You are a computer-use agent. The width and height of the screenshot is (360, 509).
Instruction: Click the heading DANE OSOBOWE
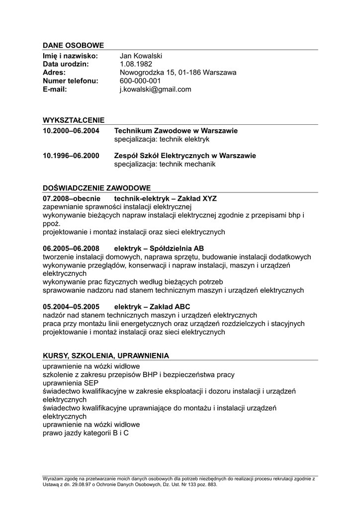tap(73, 46)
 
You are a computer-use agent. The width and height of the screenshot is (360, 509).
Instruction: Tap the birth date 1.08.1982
tap(136, 64)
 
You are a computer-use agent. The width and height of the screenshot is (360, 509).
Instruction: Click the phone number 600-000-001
tap(140, 81)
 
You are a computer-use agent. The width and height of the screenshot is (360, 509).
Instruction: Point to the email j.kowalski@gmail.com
tap(155, 89)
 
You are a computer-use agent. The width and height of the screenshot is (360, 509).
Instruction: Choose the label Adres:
tap(54, 73)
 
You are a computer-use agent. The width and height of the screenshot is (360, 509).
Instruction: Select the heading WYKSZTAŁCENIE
tap(74, 120)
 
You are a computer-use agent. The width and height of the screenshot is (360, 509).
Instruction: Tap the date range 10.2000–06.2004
tap(71, 131)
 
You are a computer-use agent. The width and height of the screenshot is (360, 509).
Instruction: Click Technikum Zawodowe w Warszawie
tap(176, 131)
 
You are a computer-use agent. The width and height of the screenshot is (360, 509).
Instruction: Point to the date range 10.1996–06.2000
tap(71, 156)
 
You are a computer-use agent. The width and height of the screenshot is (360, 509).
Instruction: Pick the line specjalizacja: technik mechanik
tap(165, 164)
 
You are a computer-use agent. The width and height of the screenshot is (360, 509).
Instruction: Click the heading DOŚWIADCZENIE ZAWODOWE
tap(96, 188)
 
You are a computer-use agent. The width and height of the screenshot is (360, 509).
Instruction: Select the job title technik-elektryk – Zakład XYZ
tap(165, 198)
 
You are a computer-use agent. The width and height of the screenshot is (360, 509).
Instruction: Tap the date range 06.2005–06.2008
tap(71, 249)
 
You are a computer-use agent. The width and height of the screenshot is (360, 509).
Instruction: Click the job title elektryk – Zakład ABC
tap(152, 307)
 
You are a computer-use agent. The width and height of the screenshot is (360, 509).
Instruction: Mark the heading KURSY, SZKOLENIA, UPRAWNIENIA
tap(105, 356)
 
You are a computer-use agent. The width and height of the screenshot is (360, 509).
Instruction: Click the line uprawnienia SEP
tap(71, 383)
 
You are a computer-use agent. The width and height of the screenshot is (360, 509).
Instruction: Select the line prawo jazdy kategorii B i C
tap(86, 433)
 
